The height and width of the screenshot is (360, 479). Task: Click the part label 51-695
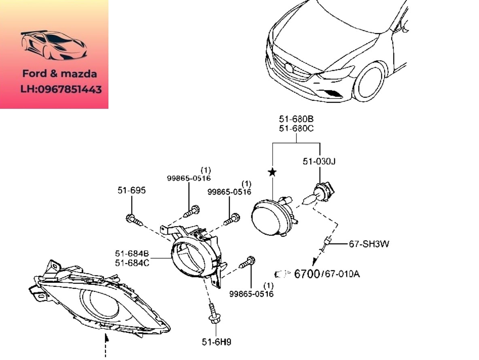point(131,190)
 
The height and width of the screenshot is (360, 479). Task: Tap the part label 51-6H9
point(216,342)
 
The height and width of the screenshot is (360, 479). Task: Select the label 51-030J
point(319,161)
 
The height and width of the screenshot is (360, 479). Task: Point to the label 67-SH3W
point(369,244)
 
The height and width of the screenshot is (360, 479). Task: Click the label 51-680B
point(296,119)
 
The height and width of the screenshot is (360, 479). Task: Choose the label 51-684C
point(132,263)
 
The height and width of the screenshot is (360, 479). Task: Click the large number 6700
point(307,274)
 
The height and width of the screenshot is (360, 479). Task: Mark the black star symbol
point(272,173)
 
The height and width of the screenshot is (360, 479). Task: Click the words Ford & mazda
point(59,74)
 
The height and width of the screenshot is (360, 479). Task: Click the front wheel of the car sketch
point(370,83)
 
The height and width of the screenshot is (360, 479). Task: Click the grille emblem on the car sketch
point(288,68)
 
